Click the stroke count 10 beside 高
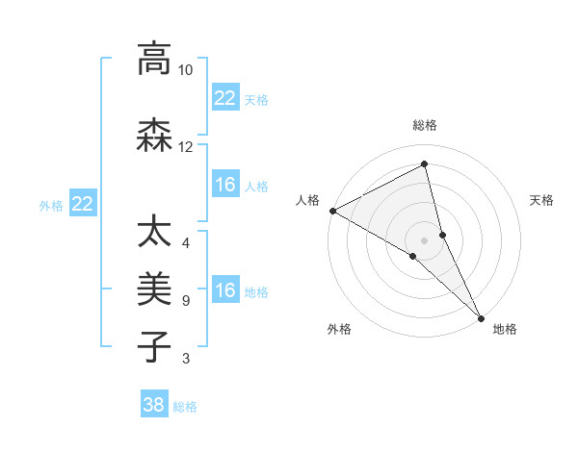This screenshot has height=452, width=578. click(x=185, y=70)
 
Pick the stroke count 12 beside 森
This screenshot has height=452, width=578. click(x=185, y=147)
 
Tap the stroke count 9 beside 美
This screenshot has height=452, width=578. click(x=185, y=301)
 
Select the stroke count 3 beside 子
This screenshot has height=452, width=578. click(x=185, y=359)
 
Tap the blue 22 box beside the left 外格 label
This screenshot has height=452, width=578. click(x=83, y=204)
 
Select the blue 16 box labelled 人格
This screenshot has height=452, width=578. click(x=225, y=185)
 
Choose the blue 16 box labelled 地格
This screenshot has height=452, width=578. click(x=225, y=290)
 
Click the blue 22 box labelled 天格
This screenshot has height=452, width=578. click(x=225, y=98)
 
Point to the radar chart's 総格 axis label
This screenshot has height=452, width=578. click(x=425, y=125)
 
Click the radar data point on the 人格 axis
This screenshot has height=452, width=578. click(x=332, y=211)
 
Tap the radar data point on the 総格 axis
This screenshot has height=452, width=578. click(x=425, y=164)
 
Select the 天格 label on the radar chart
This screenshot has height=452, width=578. click(x=541, y=200)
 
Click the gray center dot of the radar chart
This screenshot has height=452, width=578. click(x=425, y=239)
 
